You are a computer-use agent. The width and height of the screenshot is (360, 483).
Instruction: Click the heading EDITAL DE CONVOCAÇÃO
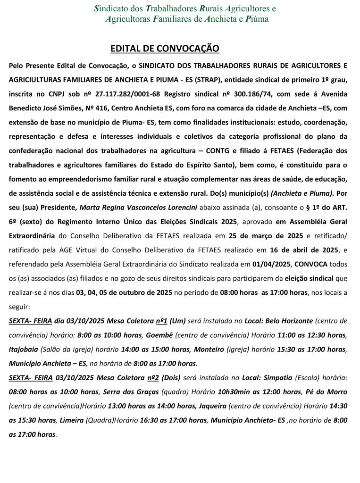(165, 49)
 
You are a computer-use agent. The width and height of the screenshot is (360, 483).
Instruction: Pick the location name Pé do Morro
(327, 392)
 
